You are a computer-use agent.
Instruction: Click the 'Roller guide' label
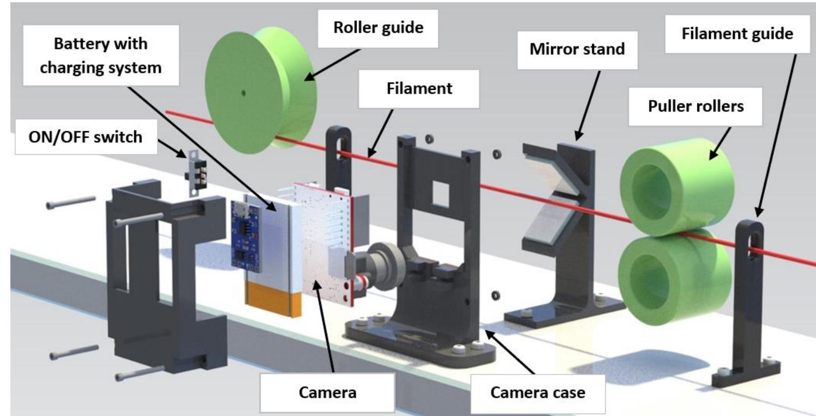pos(378,28)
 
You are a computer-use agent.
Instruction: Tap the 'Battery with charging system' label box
pos(101,55)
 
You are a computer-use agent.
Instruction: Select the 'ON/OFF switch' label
pos(85,137)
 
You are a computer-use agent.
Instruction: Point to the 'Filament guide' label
pos(737,34)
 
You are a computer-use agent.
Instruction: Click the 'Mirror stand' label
pos(577,49)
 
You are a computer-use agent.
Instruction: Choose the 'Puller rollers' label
pos(695,106)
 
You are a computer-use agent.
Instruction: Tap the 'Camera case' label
pos(538,393)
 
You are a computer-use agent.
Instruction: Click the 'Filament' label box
pos(419,88)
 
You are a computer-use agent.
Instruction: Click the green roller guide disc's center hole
pos(244,93)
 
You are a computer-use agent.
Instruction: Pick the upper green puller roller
pos(676,186)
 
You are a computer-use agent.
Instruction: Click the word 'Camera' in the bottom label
pos(327,393)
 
